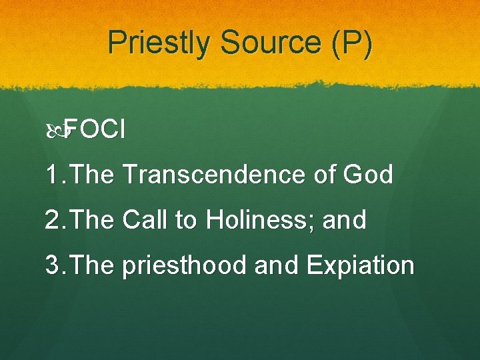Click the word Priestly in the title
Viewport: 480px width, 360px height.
click(x=159, y=43)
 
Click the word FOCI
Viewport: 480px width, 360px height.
click(x=95, y=130)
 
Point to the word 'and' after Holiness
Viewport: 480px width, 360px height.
click(x=344, y=220)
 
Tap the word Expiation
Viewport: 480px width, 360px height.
click(x=360, y=265)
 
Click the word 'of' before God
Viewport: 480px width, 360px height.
click(x=327, y=175)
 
